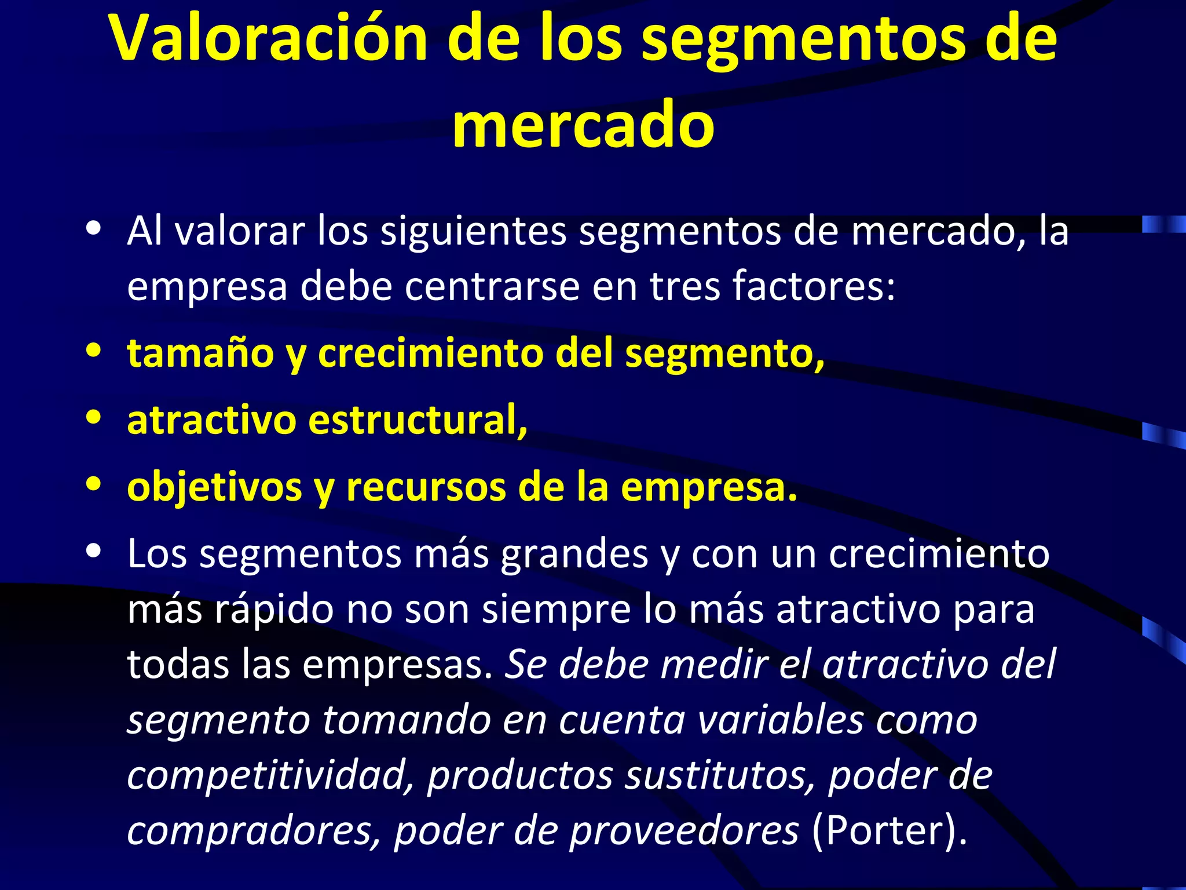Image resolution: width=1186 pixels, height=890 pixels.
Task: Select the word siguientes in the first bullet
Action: pyautogui.click(x=473, y=231)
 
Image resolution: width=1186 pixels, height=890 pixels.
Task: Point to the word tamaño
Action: pyautogui.click(x=200, y=353)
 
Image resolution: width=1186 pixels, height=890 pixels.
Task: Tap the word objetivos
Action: pyautogui.click(x=214, y=488)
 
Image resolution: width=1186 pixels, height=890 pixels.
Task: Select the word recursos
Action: pyautogui.click(x=426, y=487)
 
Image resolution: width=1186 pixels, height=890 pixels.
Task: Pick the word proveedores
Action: pyautogui.click(x=684, y=831)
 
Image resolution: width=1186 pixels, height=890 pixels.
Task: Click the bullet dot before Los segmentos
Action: pyautogui.click(x=93, y=551)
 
